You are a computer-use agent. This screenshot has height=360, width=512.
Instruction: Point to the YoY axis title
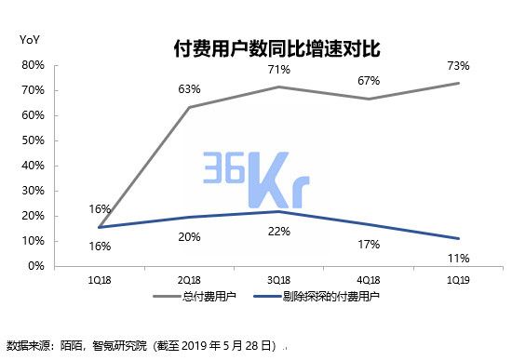pyautogui.click(x=29, y=40)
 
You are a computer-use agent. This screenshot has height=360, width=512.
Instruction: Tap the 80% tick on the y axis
pyautogui.click(x=32, y=65)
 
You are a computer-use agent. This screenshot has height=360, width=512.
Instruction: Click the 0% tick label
pyautogui.click(x=34, y=266)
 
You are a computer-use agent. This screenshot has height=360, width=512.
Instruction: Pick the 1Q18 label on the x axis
pyautogui.click(x=100, y=279)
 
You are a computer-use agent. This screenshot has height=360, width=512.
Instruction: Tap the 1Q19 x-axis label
pyautogui.click(x=457, y=279)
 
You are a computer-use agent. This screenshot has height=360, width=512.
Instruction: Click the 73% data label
pyautogui.click(x=457, y=66)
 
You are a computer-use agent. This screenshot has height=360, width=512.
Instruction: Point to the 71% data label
pyautogui.click(x=279, y=70)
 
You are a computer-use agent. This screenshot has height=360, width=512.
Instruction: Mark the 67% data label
pyautogui.click(x=369, y=81)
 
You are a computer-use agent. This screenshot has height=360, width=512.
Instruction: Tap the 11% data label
pyautogui.click(x=457, y=258)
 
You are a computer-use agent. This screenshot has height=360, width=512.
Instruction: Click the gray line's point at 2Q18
pyautogui.click(x=189, y=107)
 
